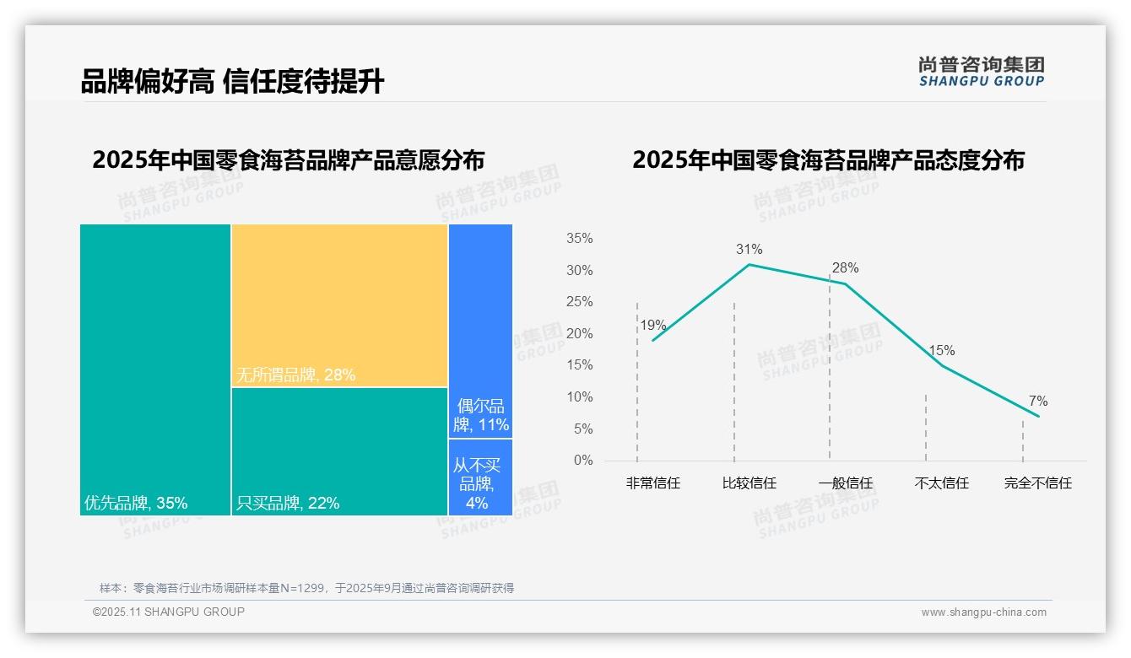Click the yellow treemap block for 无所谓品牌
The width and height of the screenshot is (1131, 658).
pos(339,304)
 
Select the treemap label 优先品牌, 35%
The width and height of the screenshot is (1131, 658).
pos(136,504)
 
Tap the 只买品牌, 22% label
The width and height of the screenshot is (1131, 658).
pos(288,504)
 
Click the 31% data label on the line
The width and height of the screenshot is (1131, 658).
pos(749,249)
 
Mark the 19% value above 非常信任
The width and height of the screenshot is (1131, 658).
pos(652,326)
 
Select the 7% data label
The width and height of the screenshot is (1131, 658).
pos(1037,401)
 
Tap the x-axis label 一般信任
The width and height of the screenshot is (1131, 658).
pos(845,483)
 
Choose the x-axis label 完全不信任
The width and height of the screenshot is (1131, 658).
pos(1037,483)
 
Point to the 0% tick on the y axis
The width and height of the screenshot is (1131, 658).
pos(583,461)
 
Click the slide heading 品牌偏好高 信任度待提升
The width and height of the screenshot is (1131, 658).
pos(232,81)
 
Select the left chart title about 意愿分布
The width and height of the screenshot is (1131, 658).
pos(288,160)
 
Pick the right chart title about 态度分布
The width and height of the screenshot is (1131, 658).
pos(828,160)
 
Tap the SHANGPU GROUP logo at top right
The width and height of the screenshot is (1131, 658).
pos(981,72)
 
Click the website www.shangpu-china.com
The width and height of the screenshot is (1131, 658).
pos(983,612)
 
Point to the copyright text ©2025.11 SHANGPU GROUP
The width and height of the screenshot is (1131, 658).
pos(169,612)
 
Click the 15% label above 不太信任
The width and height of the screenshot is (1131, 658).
pos(941,351)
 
